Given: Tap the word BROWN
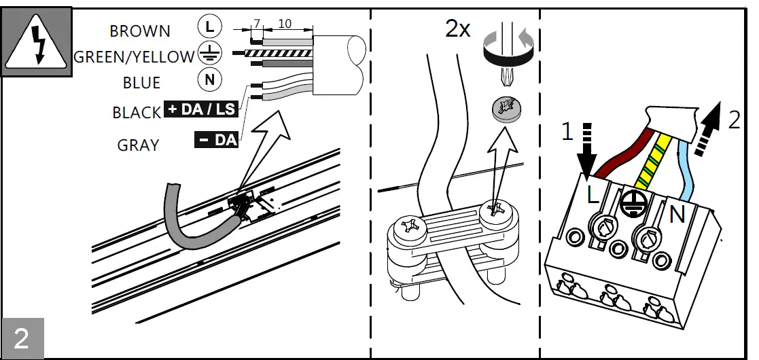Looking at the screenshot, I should (x=140, y=31).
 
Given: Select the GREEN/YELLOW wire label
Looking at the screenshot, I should (x=134, y=57).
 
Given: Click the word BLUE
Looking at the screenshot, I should (x=141, y=83).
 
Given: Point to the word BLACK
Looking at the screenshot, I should (x=137, y=113).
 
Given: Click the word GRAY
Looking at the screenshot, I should (x=138, y=145).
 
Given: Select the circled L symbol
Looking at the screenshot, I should (x=209, y=26).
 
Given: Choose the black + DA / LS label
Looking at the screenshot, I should (x=200, y=110).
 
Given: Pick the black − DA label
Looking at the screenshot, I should (x=216, y=140).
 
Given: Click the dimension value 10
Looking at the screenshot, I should (x=285, y=24).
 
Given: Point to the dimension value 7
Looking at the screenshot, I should (x=256, y=24).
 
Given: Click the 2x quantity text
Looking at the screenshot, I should (x=458, y=29).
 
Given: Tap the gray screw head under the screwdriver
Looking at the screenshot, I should (x=504, y=109).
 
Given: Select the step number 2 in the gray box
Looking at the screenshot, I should (x=22, y=338).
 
